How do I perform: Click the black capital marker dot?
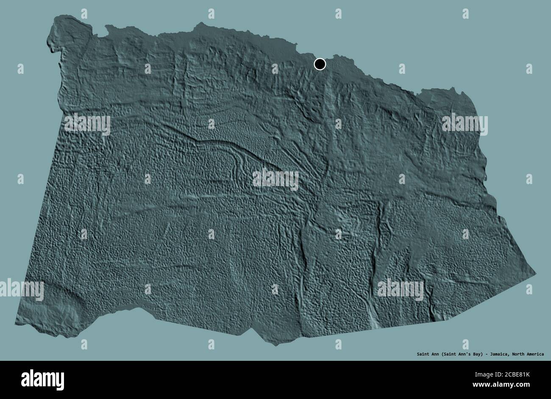point(320,64)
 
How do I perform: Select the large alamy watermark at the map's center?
point(275,179)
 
